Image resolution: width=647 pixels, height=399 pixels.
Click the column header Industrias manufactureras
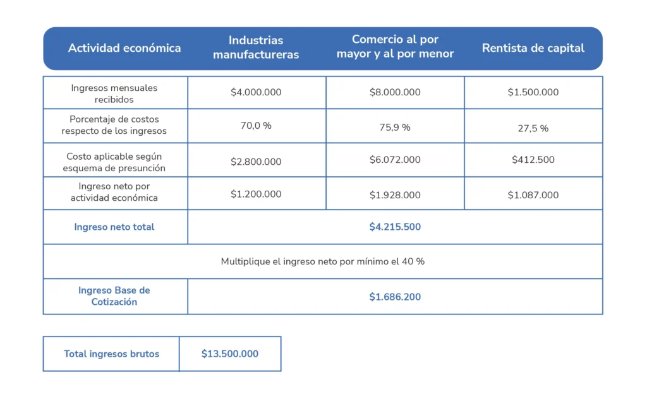tap(256, 47)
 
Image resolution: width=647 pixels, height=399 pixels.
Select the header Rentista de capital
tap(533, 48)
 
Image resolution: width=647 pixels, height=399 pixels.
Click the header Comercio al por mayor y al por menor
tap(395, 47)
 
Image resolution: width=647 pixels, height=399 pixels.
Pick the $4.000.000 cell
tap(256, 92)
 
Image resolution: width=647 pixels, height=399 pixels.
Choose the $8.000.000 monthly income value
tap(395, 92)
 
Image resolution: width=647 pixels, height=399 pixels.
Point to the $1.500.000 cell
tap(533, 92)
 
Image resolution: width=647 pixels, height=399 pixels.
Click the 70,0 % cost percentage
tap(256, 126)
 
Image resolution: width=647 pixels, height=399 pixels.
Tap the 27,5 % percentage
tap(533, 128)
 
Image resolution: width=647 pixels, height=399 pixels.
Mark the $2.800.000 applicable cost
tap(256, 162)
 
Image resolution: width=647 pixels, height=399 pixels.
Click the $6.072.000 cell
tap(395, 160)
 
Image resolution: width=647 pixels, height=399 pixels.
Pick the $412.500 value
tap(533, 160)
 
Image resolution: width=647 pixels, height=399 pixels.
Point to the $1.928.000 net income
tap(395, 195)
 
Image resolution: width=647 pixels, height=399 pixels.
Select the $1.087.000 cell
tap(533, 195)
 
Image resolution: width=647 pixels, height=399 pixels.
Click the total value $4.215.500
tap(395, 227)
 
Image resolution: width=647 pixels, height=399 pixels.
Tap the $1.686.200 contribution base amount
tap(395, 297)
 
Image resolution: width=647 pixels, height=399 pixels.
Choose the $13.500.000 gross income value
tap(230, 354)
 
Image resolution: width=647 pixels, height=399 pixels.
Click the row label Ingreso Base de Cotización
tap(114, 296)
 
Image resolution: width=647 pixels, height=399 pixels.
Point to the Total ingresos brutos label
tap(111, 354)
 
